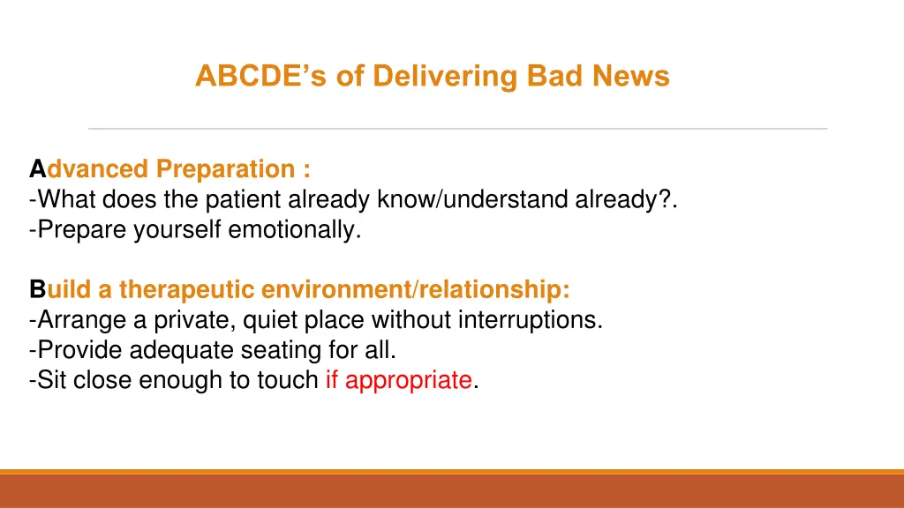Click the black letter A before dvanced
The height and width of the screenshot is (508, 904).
pos(37,168)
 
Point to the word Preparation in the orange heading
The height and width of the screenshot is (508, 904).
pos(225,169)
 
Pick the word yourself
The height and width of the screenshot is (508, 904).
pos(177,229)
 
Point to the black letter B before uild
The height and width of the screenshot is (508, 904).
pos(37,289)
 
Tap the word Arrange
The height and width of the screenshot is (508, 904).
pos(81,320)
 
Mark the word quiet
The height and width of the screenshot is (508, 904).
pos(270,320)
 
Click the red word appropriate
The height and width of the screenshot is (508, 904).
pos(409,381)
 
